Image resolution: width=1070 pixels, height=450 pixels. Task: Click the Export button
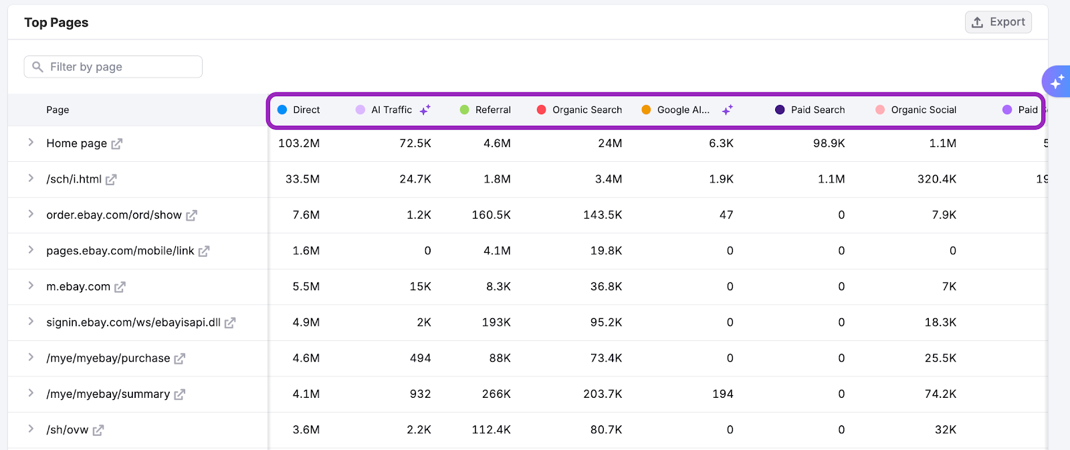[x=998, y=22]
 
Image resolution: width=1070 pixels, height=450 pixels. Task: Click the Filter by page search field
[x=114, y=67]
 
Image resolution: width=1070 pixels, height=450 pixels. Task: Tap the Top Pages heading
[x=56, y=23]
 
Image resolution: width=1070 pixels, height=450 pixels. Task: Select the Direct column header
[x=306, y=110]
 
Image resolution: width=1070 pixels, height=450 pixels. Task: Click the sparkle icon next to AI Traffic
[x=425, y=110]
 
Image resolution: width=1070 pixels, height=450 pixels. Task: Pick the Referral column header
[x=493, y=110]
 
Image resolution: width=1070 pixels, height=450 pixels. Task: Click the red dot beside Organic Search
[x=542, y=110]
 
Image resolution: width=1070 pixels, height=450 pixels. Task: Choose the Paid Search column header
[x=817, y=110]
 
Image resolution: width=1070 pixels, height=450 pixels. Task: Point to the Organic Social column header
[x=923, y=110]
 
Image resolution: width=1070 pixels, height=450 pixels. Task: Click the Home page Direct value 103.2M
[x=299, y=143]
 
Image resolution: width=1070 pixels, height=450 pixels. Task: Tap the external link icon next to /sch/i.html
[x=111, y=179]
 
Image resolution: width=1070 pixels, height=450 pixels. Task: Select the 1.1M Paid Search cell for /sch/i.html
[x=831, y=179]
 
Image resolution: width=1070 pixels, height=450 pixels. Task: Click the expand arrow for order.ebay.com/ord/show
[x=31, y=214]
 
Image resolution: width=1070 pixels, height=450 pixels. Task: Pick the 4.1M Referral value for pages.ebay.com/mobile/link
[x=497, y=251]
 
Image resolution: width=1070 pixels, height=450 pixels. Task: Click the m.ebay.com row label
[x=78, y=287]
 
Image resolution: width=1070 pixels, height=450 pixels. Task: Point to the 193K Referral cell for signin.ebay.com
[x=496, y=322]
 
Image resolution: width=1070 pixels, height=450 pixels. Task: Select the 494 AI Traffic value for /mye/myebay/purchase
[x=420, y=358]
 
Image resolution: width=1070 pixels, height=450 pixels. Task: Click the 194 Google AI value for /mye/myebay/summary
[x=722, y=395]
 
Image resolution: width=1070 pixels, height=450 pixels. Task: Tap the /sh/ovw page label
[x=68, y=430]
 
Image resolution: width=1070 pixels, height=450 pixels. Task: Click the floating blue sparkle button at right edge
[x=1057, y=82]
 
